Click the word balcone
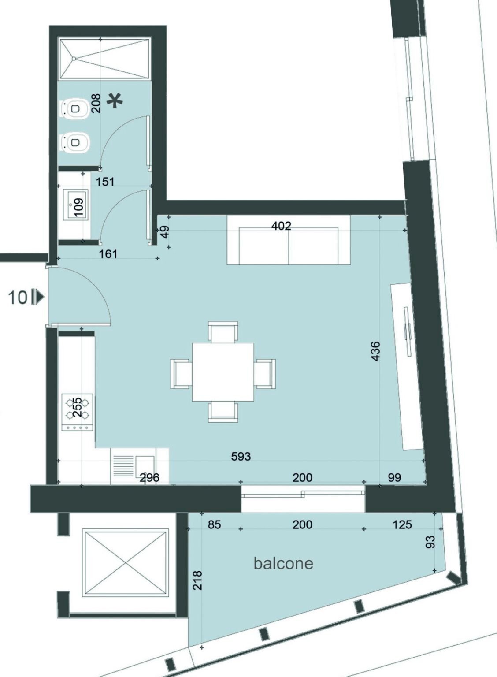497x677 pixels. click(283, 563)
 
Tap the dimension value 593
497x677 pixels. click(241, 456)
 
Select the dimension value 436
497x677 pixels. click(375, 351)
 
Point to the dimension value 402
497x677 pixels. click(281, 226)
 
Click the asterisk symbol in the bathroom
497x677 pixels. click(115, 101)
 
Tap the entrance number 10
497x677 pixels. click(18, 298)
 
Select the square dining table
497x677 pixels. click(223, 372)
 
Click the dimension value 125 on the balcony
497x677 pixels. click(402, 524)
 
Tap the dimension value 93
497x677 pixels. click(431, 541)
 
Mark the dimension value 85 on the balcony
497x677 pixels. click(214, 524)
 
